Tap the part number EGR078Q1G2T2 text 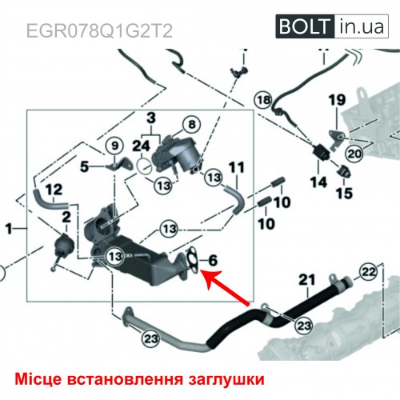coord(99,31)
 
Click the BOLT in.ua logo coord(332,26)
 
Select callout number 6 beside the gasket coord(213,260)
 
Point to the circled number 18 coord(264,100)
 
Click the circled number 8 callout coord(192,124)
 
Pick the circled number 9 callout coord(114,146)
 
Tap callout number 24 coord(142,146)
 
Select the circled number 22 coord(369,272)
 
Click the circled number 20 coord(354,154)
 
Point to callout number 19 coord(337,100)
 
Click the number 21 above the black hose coord(307,280)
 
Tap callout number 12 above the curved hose coord(54,190)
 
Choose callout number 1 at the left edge coord(9,229)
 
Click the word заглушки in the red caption coord(226,379)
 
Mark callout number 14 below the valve coord(318,182)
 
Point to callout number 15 coord(344,193)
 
